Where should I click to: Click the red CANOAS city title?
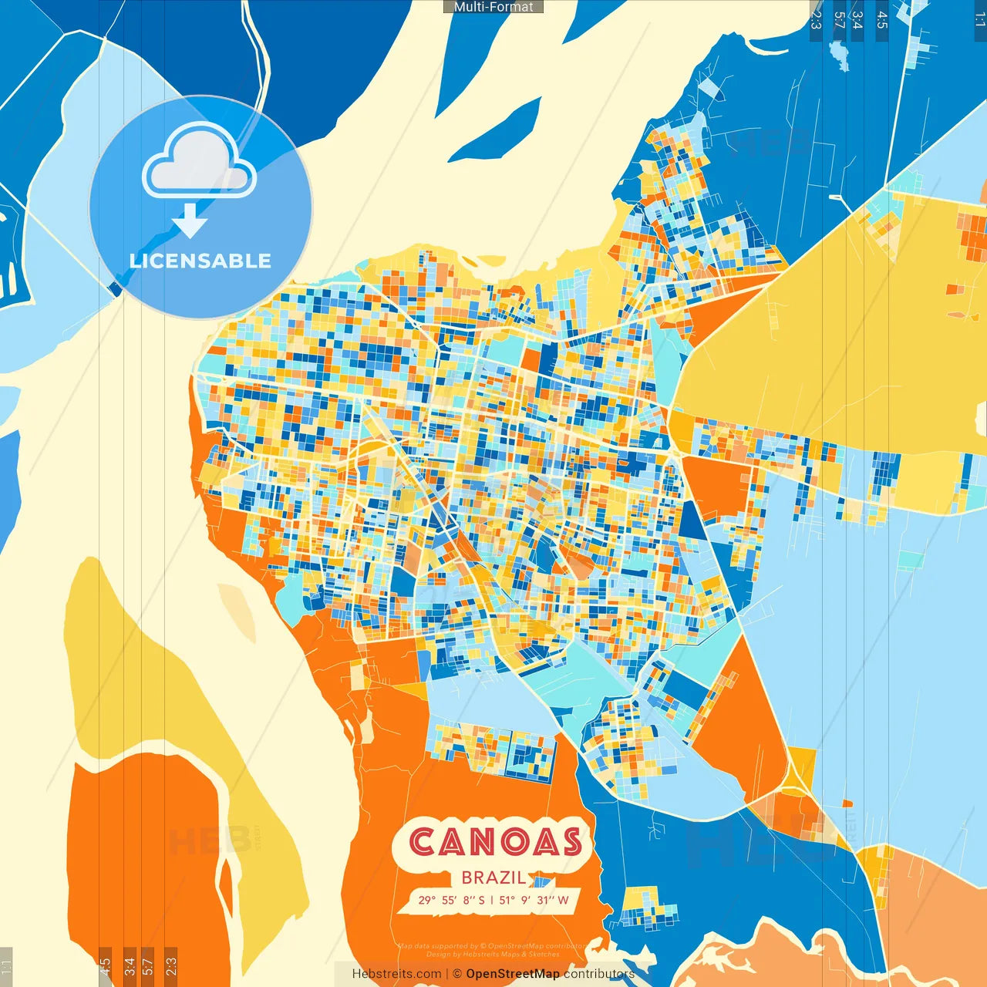(495, 842)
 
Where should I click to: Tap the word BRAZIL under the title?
(493, 878)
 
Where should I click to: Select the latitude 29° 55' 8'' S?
(452, 900)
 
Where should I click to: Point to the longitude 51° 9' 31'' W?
(534, 900)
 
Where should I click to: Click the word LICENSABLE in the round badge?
(200, 261)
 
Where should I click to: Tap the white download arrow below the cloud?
(190, 221)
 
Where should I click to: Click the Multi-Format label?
(493, 7)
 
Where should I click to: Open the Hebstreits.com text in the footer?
(397, 974)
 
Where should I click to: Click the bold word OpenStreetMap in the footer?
(513, 974)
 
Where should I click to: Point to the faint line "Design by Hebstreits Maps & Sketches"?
(493, 955)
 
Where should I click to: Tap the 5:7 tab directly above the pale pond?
(839, 20)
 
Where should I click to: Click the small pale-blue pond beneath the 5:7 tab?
(838, 51)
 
